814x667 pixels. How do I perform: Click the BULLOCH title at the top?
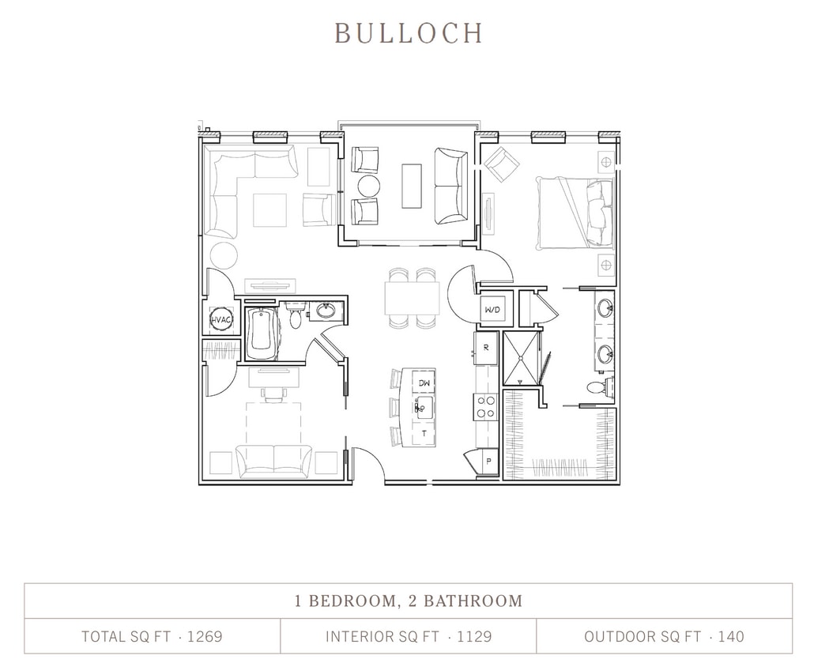coord(408,32)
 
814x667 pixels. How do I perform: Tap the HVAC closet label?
coord(220,320)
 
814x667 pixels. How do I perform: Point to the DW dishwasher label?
coord(424,382)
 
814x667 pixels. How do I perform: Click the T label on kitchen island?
coord(424,434)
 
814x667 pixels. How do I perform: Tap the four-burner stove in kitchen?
coord(485,406)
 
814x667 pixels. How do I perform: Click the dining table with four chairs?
coord(412,298)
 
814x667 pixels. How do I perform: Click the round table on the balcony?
coord(368,187)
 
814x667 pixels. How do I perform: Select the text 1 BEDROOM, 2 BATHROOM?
coord(408,601)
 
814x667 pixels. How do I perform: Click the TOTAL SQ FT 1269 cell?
coord(152,636)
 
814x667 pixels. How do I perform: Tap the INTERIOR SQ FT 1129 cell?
coord(408,636)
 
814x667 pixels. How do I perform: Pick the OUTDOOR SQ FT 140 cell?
coord(664,636)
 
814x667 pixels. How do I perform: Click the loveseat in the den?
coord(273,461)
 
